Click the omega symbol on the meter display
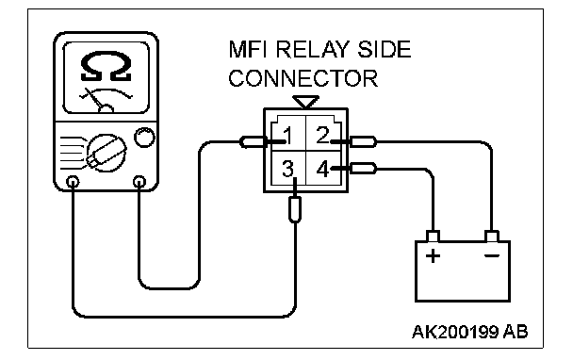[x=106, y=66]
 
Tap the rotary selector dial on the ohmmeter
[x=106, y=153]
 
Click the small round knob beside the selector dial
[x=145, y=137]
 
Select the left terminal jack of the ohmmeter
[x=73, y=182]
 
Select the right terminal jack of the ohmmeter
[x=139, y=182]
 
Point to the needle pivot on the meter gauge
[x=106, y=109]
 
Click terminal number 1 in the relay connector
[x=288, y=136]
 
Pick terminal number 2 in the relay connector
[x=322, y=135]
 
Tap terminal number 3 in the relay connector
[x=288, y=169]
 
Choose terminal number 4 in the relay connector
[x=323, y=169]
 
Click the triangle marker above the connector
[x=306, y=102]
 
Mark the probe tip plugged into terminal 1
[x=254, y=141]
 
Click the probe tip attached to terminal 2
[x=363, y=141]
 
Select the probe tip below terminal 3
[x=295, y=209]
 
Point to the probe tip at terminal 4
[x=363, y=169]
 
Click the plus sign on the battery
[x=433, y=255]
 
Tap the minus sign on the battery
[x=492, y=255]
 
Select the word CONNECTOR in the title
[x=303, y=78]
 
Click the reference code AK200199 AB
[x=470, y=332]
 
